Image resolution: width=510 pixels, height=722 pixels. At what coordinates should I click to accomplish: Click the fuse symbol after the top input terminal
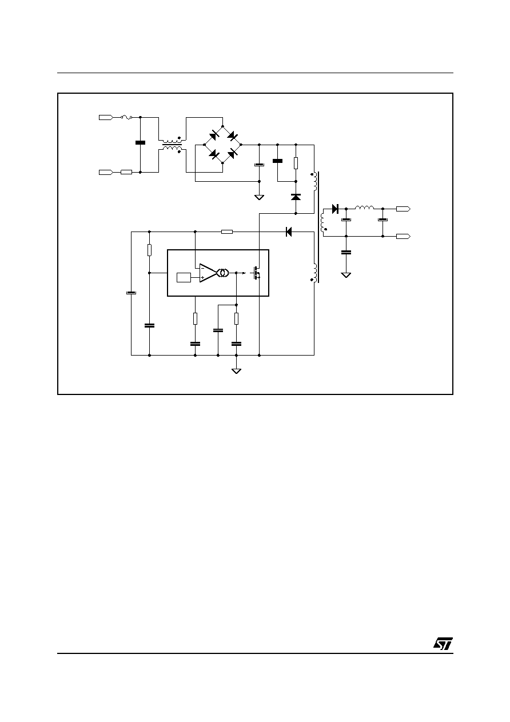pos(126,118)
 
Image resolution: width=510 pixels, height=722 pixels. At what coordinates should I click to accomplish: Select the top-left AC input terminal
pos(106,118)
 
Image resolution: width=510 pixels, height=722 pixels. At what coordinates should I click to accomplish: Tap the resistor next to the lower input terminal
pos(126,173)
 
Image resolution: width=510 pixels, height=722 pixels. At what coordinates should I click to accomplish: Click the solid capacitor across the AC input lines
pos(140,143)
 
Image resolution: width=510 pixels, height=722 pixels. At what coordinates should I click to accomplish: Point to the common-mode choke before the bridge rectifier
pos(172,145)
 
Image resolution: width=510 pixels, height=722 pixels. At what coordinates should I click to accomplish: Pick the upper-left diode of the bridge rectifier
pos(214,135)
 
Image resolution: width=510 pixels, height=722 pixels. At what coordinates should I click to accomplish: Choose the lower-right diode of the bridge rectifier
pos(232,154)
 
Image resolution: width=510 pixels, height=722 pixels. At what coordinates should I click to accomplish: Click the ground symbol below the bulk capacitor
pos(259,197)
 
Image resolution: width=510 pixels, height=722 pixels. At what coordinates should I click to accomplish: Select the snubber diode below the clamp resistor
pos(296,197)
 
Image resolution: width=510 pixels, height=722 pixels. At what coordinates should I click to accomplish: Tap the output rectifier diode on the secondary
pos(335,209)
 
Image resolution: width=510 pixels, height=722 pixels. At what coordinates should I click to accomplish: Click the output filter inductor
pos(364,208)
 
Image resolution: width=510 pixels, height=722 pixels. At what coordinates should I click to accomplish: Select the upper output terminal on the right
pos(403,209)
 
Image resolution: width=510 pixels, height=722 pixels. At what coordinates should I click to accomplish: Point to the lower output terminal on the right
pos(403,237)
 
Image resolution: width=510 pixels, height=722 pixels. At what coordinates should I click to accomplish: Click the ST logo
pos(443,644)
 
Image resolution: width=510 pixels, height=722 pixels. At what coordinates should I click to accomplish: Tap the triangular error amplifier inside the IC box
pos(208,273)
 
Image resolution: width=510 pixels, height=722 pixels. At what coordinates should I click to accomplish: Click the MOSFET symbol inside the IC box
pos(256,273)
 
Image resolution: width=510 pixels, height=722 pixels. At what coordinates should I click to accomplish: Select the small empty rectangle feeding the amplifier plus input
pos(184,277)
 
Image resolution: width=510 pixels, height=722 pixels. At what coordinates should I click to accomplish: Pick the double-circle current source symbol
pos(223,273)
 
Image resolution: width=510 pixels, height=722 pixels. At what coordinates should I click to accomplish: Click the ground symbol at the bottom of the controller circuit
pos(236,371)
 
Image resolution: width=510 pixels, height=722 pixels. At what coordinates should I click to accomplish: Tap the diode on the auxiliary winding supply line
pos(289,232)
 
